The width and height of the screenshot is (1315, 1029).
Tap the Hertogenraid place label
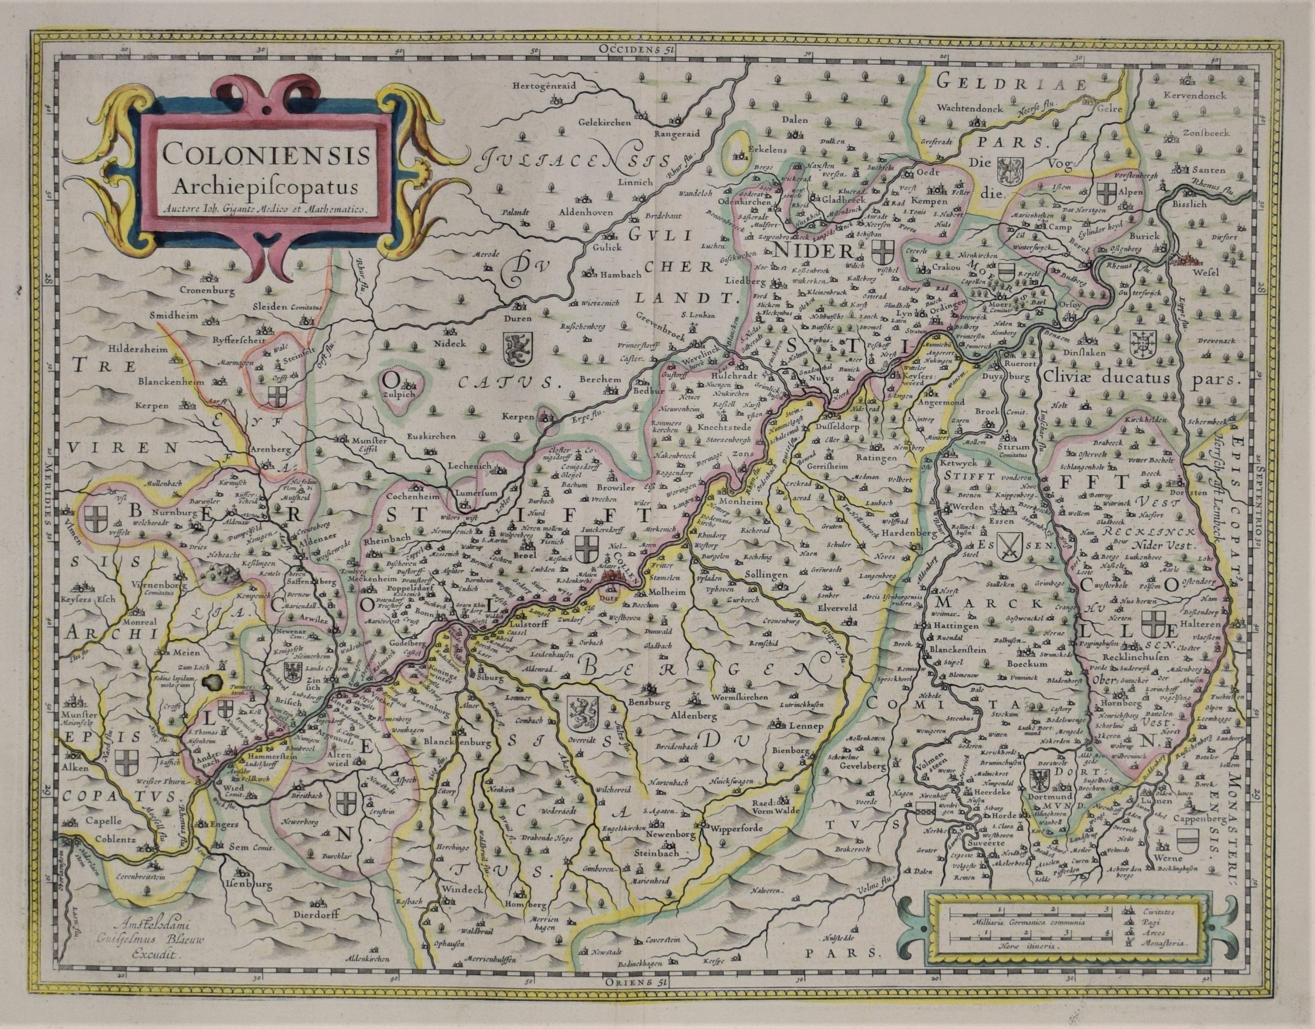[543, 86]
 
